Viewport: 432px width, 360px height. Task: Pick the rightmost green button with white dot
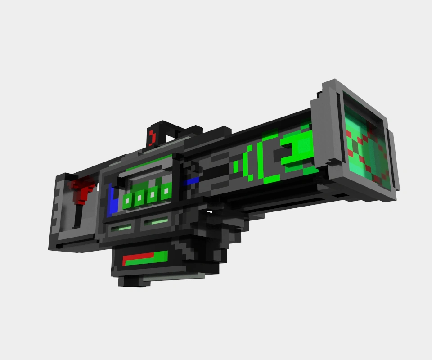[166, 192]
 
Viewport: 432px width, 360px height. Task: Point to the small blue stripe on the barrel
[192, 181]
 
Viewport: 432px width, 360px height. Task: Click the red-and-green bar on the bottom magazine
[145, 259]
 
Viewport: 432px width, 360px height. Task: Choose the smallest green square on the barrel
[235, 167]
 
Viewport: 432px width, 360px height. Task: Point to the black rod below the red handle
[78, 216]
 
